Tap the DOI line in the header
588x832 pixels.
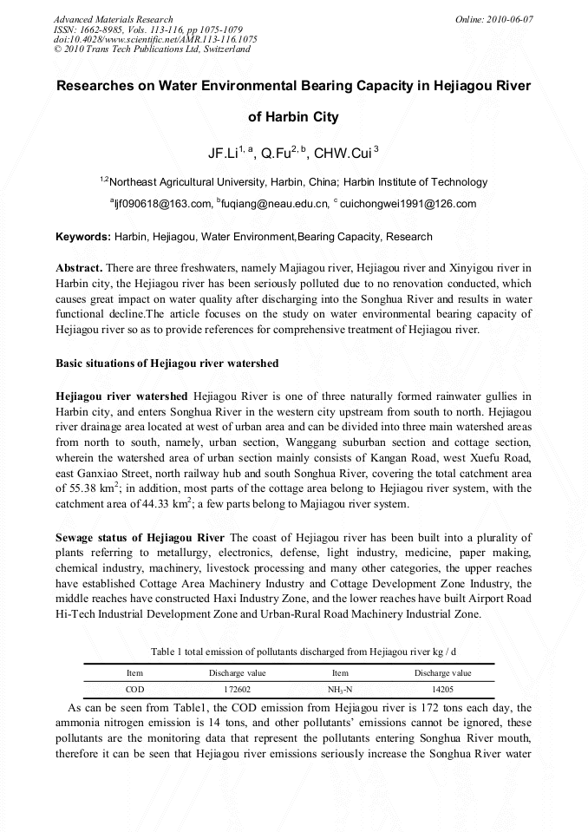pos(155,40)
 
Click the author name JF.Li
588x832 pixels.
pos(224,154)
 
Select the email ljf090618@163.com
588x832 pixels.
pos(164,205)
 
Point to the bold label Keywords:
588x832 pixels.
pos(83,237)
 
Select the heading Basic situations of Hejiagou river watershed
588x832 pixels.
pos(167,363)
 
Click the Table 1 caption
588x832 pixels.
pos(304,651)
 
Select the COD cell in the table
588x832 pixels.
pos(134,689)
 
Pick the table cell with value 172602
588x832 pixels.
pos(237,689)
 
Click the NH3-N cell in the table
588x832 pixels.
pos(340,689)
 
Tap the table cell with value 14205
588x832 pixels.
pos(442,689)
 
